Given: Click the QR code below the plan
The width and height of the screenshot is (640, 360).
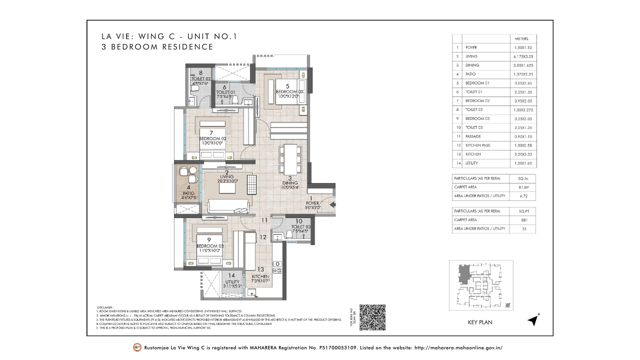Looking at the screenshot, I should (372, 317).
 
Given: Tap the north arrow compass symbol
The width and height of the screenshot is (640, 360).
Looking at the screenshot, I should (533, 320).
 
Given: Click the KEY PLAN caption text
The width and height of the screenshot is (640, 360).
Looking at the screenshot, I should (479, 322).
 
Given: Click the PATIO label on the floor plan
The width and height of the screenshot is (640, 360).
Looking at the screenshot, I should (188, 193).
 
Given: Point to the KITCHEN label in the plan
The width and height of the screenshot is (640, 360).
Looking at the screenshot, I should (260, 276).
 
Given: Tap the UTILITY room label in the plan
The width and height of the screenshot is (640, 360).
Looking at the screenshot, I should (231, 282).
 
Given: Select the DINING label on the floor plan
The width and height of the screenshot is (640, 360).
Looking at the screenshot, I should (289, 183).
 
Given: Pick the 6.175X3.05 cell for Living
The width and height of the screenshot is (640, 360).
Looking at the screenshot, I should (524, 56).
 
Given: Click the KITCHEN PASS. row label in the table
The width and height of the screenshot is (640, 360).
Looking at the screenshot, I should (477, 145).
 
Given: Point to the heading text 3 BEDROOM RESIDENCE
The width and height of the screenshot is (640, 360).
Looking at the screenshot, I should (157, 47).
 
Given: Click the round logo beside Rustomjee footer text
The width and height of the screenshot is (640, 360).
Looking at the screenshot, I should (137, 347).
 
